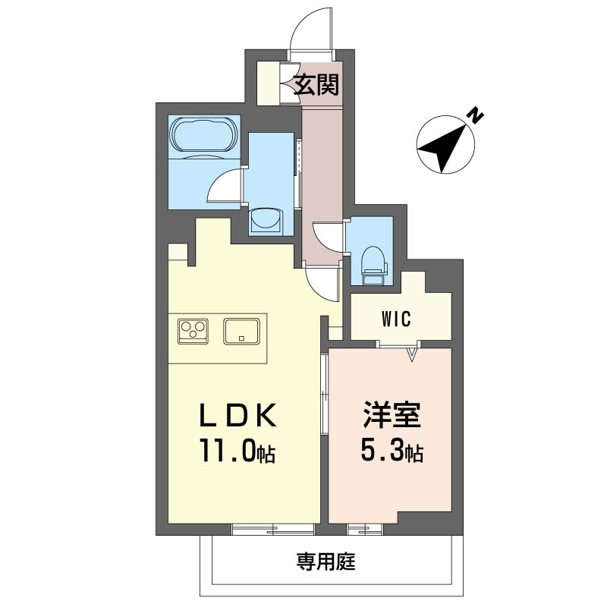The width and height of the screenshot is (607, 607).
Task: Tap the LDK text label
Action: [238, 415]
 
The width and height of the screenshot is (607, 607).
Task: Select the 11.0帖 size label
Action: [237, 451]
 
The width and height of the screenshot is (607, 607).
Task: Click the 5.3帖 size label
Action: [392, 450]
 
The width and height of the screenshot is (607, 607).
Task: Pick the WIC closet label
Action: [396, 319]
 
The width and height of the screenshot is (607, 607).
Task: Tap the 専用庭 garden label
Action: [326, 561]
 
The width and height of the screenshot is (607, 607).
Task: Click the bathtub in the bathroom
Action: [203, 134]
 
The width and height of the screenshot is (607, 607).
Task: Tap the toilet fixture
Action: [373, 266]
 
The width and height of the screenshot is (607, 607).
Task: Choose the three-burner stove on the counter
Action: [193, 331]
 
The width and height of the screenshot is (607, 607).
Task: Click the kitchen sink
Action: [241, 332]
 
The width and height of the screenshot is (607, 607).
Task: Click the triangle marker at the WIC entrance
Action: [413, 354]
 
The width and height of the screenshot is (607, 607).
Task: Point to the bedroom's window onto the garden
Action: [365, 529]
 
